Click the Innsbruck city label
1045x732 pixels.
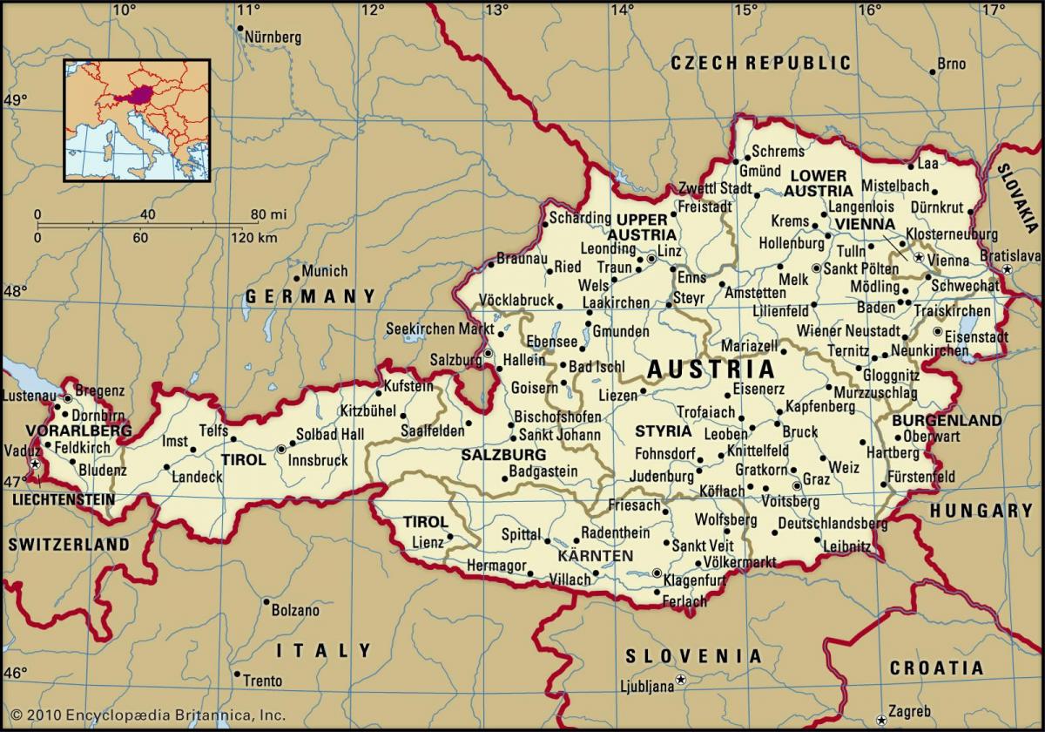[x=318, y=461]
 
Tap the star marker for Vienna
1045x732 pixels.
[x=918, y=258]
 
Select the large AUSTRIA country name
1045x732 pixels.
[x=711, y=369]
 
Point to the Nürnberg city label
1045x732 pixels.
[x=273, y=37]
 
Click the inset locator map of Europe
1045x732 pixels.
[x=136, y=119]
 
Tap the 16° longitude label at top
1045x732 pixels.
[x=868, y=10]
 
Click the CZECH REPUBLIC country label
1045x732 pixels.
[x=760, y=63]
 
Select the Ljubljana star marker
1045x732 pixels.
[x=682, y=679]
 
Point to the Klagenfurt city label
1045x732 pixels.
[x=695, y=579]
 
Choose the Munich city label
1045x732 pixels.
[x=325, y=271]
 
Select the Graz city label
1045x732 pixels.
[x=816, y=480]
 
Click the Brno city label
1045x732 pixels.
[x=952, y=64]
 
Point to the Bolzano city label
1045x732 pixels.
[x=296, y=610]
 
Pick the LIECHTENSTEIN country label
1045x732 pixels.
[x=64, y=500]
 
